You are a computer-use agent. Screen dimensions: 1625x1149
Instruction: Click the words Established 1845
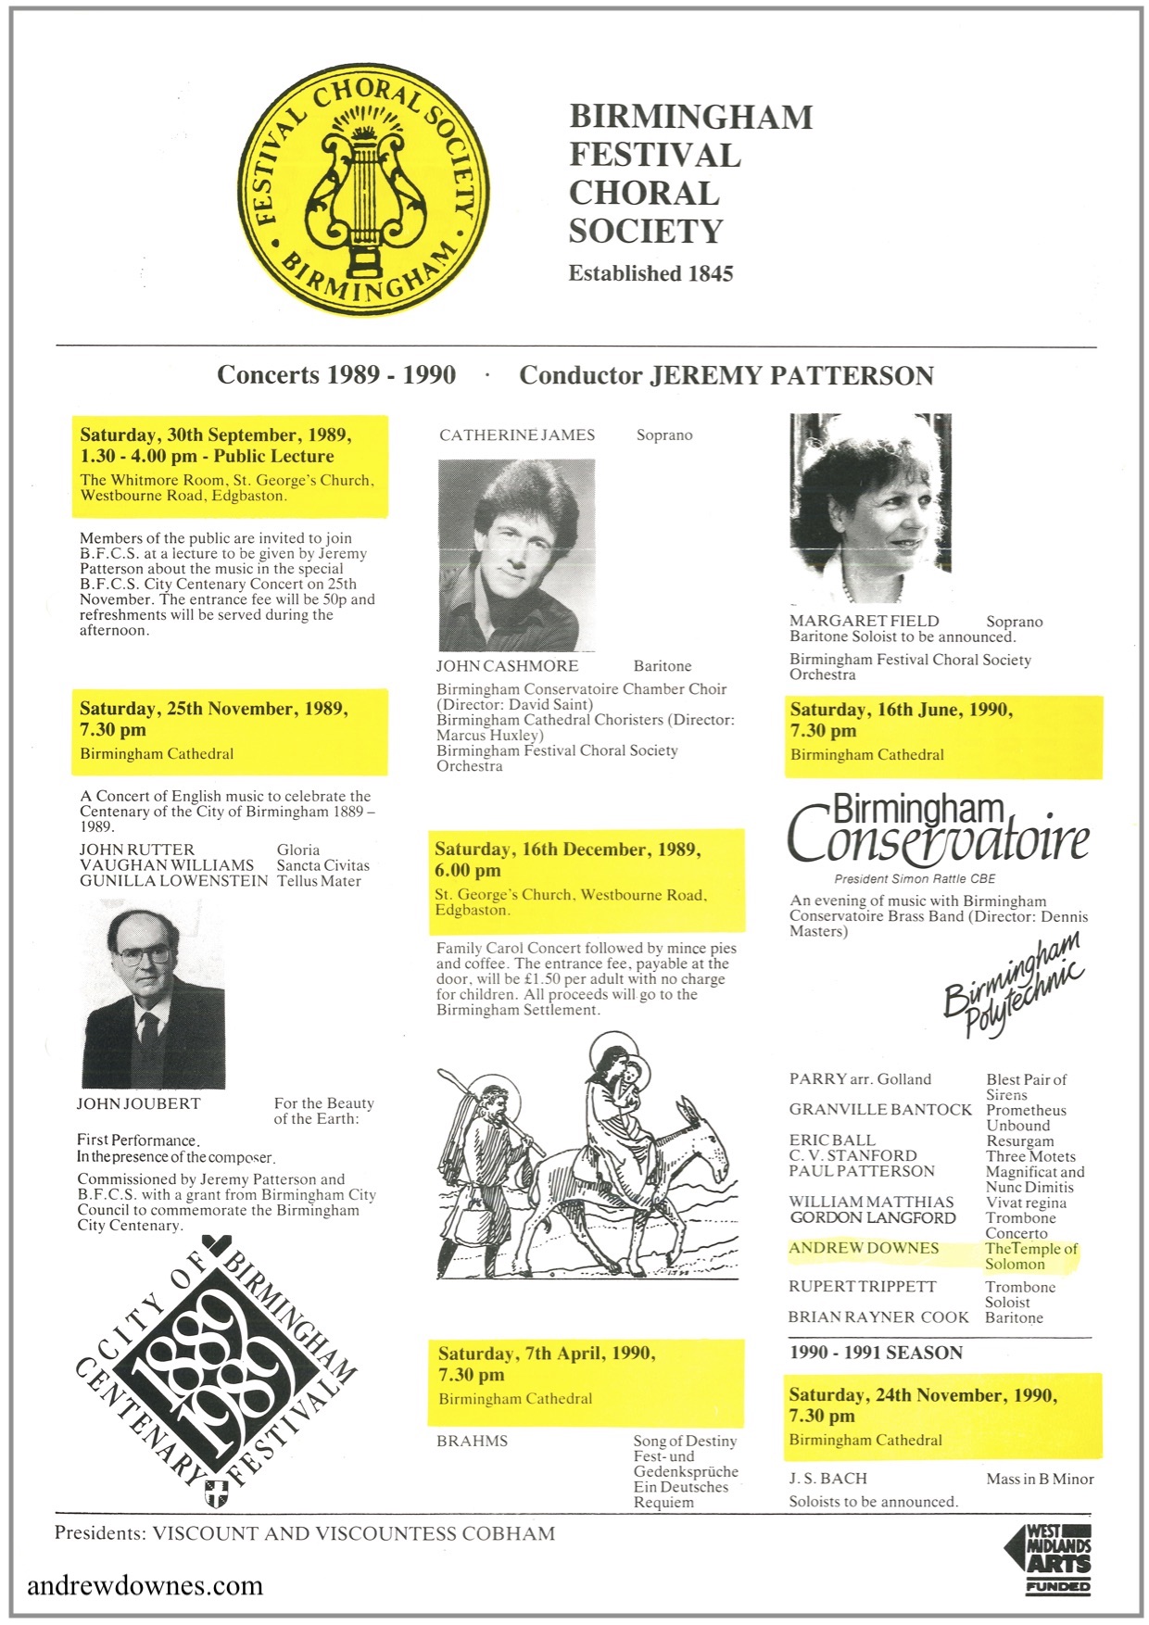point(650,273)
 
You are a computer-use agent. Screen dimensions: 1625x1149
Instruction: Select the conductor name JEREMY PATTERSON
point(791,375)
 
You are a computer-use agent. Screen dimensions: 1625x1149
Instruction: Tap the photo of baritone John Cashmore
point(516,555)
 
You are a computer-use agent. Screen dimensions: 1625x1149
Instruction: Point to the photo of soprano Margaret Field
point(870,508)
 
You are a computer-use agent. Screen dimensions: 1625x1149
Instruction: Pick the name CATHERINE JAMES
point(517,435)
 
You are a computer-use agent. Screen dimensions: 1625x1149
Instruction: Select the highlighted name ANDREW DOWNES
point(864,1249)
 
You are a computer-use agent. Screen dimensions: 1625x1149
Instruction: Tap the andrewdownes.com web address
point(145,1585)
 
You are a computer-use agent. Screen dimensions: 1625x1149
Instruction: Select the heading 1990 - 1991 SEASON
point(876,1353)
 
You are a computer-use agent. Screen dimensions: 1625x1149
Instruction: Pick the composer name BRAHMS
point(473,1442)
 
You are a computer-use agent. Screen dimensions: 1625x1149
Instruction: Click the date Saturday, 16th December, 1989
point(567,850)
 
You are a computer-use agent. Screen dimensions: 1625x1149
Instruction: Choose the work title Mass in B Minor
point(1040,1480)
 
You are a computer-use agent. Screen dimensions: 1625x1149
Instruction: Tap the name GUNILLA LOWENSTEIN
point(173,881)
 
